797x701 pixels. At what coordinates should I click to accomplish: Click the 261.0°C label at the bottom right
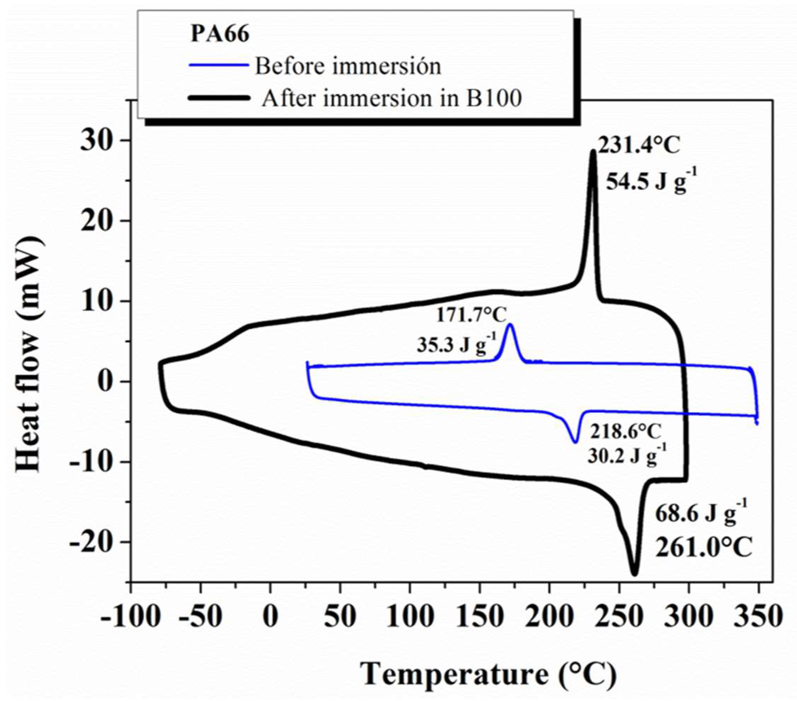(703, 548)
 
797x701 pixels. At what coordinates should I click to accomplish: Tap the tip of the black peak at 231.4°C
(593, 151)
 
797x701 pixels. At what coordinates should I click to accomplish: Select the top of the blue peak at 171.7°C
(510, 325)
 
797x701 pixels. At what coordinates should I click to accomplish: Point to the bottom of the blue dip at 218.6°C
(575, 442)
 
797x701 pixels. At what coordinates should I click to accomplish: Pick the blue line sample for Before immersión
(219, 65)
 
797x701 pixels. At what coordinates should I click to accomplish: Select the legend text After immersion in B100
(392, 98)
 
